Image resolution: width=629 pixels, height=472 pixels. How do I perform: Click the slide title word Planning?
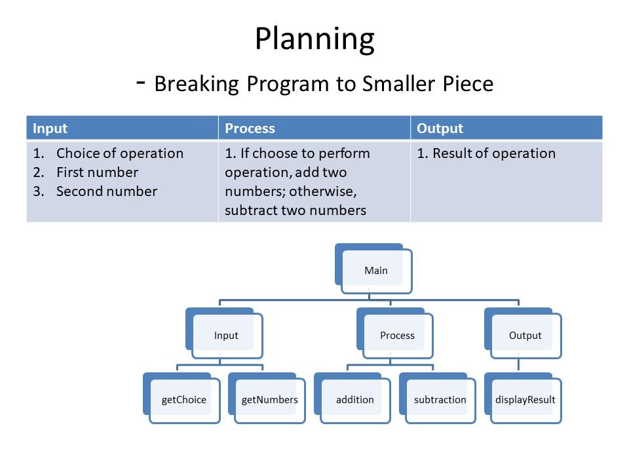coord(314,39)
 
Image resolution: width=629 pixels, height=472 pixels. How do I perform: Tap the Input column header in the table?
coord(50,128)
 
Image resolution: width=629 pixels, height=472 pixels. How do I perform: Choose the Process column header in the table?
coord(250,128)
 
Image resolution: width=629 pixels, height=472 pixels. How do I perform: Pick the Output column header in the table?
coord(440,128)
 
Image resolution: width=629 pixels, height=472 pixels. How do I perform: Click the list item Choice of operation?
coord(120,153)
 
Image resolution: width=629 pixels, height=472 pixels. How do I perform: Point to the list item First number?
coord(97,172)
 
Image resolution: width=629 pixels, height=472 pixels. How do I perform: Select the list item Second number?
coord(107,191)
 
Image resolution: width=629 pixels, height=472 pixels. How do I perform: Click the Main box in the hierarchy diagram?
coord(376,270)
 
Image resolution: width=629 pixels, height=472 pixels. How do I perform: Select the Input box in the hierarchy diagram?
coord(226,335)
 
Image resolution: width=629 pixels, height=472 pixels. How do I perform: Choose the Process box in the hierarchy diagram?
coord(397,335)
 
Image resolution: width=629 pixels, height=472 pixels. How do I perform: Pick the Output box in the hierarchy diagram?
coord(525,335)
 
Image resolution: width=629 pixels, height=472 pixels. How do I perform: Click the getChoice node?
coord(183,400)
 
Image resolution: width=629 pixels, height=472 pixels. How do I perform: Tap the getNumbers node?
coord(269,400)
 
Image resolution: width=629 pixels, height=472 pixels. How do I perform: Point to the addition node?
coord(354,400)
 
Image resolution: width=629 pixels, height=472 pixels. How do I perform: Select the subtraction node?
coord(440,400)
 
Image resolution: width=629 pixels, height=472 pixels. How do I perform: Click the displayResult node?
coord(525,400)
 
